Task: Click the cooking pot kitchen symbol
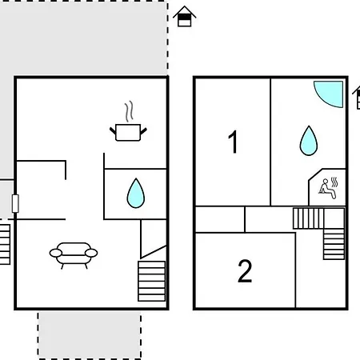coord(128,132)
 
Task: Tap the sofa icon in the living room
coord(74,255)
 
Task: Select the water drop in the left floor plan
coord(136,193)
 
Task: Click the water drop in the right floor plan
coord(309,141)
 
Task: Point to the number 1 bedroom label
coord(233,142)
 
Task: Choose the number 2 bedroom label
coord(245,271)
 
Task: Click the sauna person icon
coord(327,189)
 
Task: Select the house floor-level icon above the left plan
coord(185,16)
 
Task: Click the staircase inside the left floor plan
coord(152,281)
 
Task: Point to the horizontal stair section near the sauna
coord(309,218)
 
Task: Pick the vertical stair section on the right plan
coord(334,244)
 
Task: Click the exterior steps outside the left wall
coord(5,245)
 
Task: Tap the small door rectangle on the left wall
coord(15,204)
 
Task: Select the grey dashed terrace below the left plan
coord(90,335)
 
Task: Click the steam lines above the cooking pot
coord(129,111)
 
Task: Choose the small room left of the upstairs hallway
coord(220,219)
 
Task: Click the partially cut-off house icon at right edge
coord(357,98)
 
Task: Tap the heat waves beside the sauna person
coord(334,182)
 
